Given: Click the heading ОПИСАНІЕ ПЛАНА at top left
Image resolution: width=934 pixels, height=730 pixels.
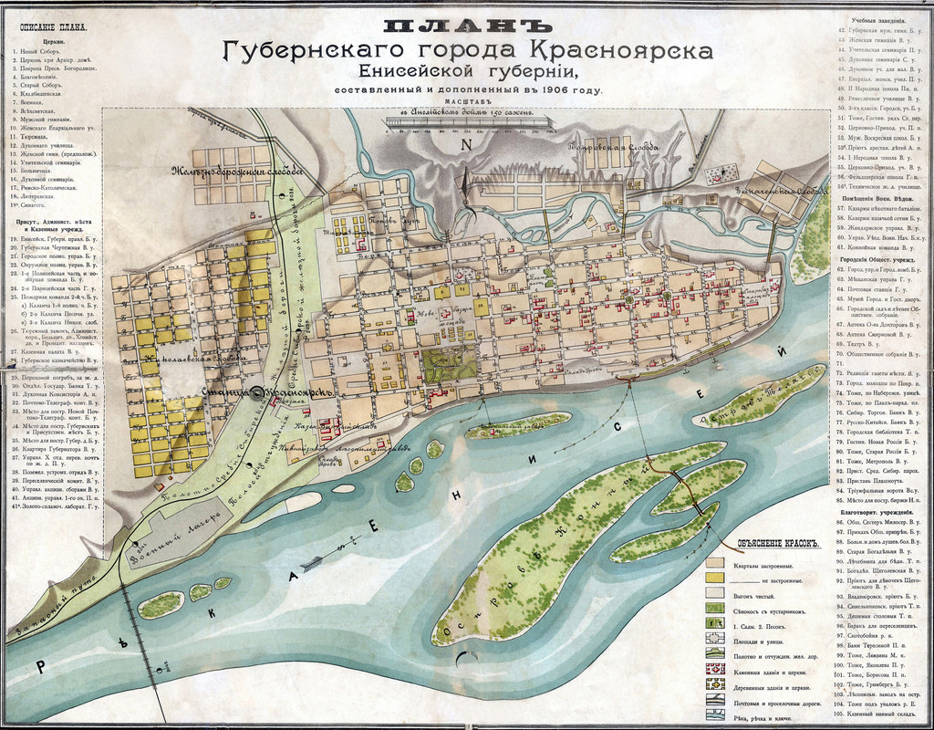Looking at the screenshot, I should pos(51,26).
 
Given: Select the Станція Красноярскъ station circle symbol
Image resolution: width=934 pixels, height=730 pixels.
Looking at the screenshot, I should pos(258,392).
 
